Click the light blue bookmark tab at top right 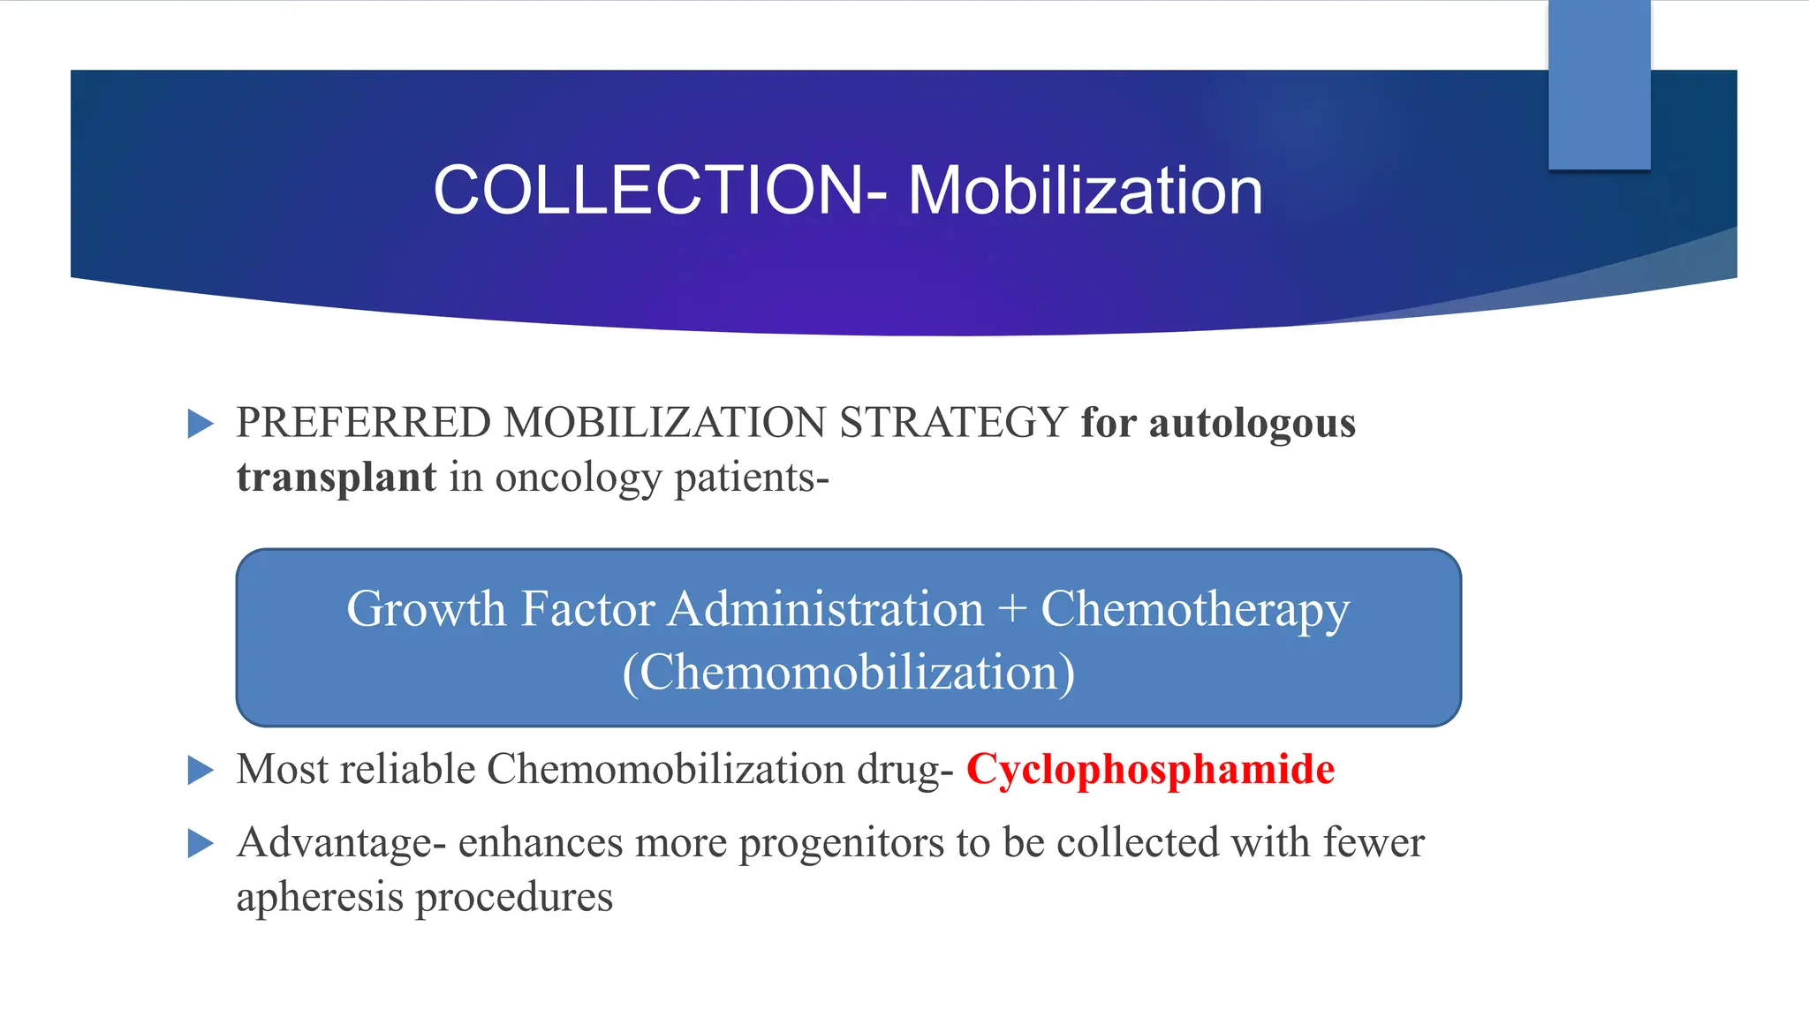[x=1599, y=84]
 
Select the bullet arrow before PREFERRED [x=201, y=424]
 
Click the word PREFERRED [x=363, y=423]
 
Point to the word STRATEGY [x=953, y=423]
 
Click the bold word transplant [x=336, y=478]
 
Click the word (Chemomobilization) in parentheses [x=848, y=674]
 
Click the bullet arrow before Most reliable [x=201, y=770]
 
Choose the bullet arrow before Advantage [x=201, y=844]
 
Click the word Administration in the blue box [x=825, y=610]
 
